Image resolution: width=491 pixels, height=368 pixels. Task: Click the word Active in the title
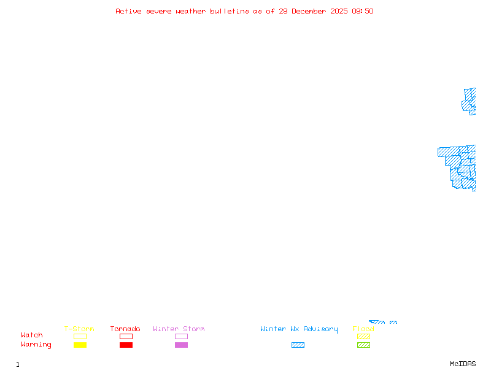pos(129,11)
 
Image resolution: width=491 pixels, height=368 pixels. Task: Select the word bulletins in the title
pos(230,11)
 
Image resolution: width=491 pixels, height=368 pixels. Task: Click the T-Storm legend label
pos(79,329)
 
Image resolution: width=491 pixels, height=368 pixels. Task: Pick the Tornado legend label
pos(125,329)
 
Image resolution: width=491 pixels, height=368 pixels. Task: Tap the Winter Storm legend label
pos(179,329)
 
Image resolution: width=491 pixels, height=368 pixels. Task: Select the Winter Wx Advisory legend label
pos(299,329)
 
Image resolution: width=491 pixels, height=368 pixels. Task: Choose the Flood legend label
pos(363,329)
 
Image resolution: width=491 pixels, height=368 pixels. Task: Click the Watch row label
pos(32,335)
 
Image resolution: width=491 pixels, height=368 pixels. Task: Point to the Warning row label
pos(36,345)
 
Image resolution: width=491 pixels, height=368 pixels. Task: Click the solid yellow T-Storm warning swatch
pos(80,345)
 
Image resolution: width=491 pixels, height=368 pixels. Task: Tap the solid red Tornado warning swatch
pos(126,345)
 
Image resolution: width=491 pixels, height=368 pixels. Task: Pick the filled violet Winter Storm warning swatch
pos(181,345)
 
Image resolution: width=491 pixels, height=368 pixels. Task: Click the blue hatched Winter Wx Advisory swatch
pos(298,345)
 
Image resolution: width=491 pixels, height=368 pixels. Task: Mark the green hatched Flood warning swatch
pos(363,345)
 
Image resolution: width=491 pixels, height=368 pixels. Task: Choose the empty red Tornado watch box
pos(126,336)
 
